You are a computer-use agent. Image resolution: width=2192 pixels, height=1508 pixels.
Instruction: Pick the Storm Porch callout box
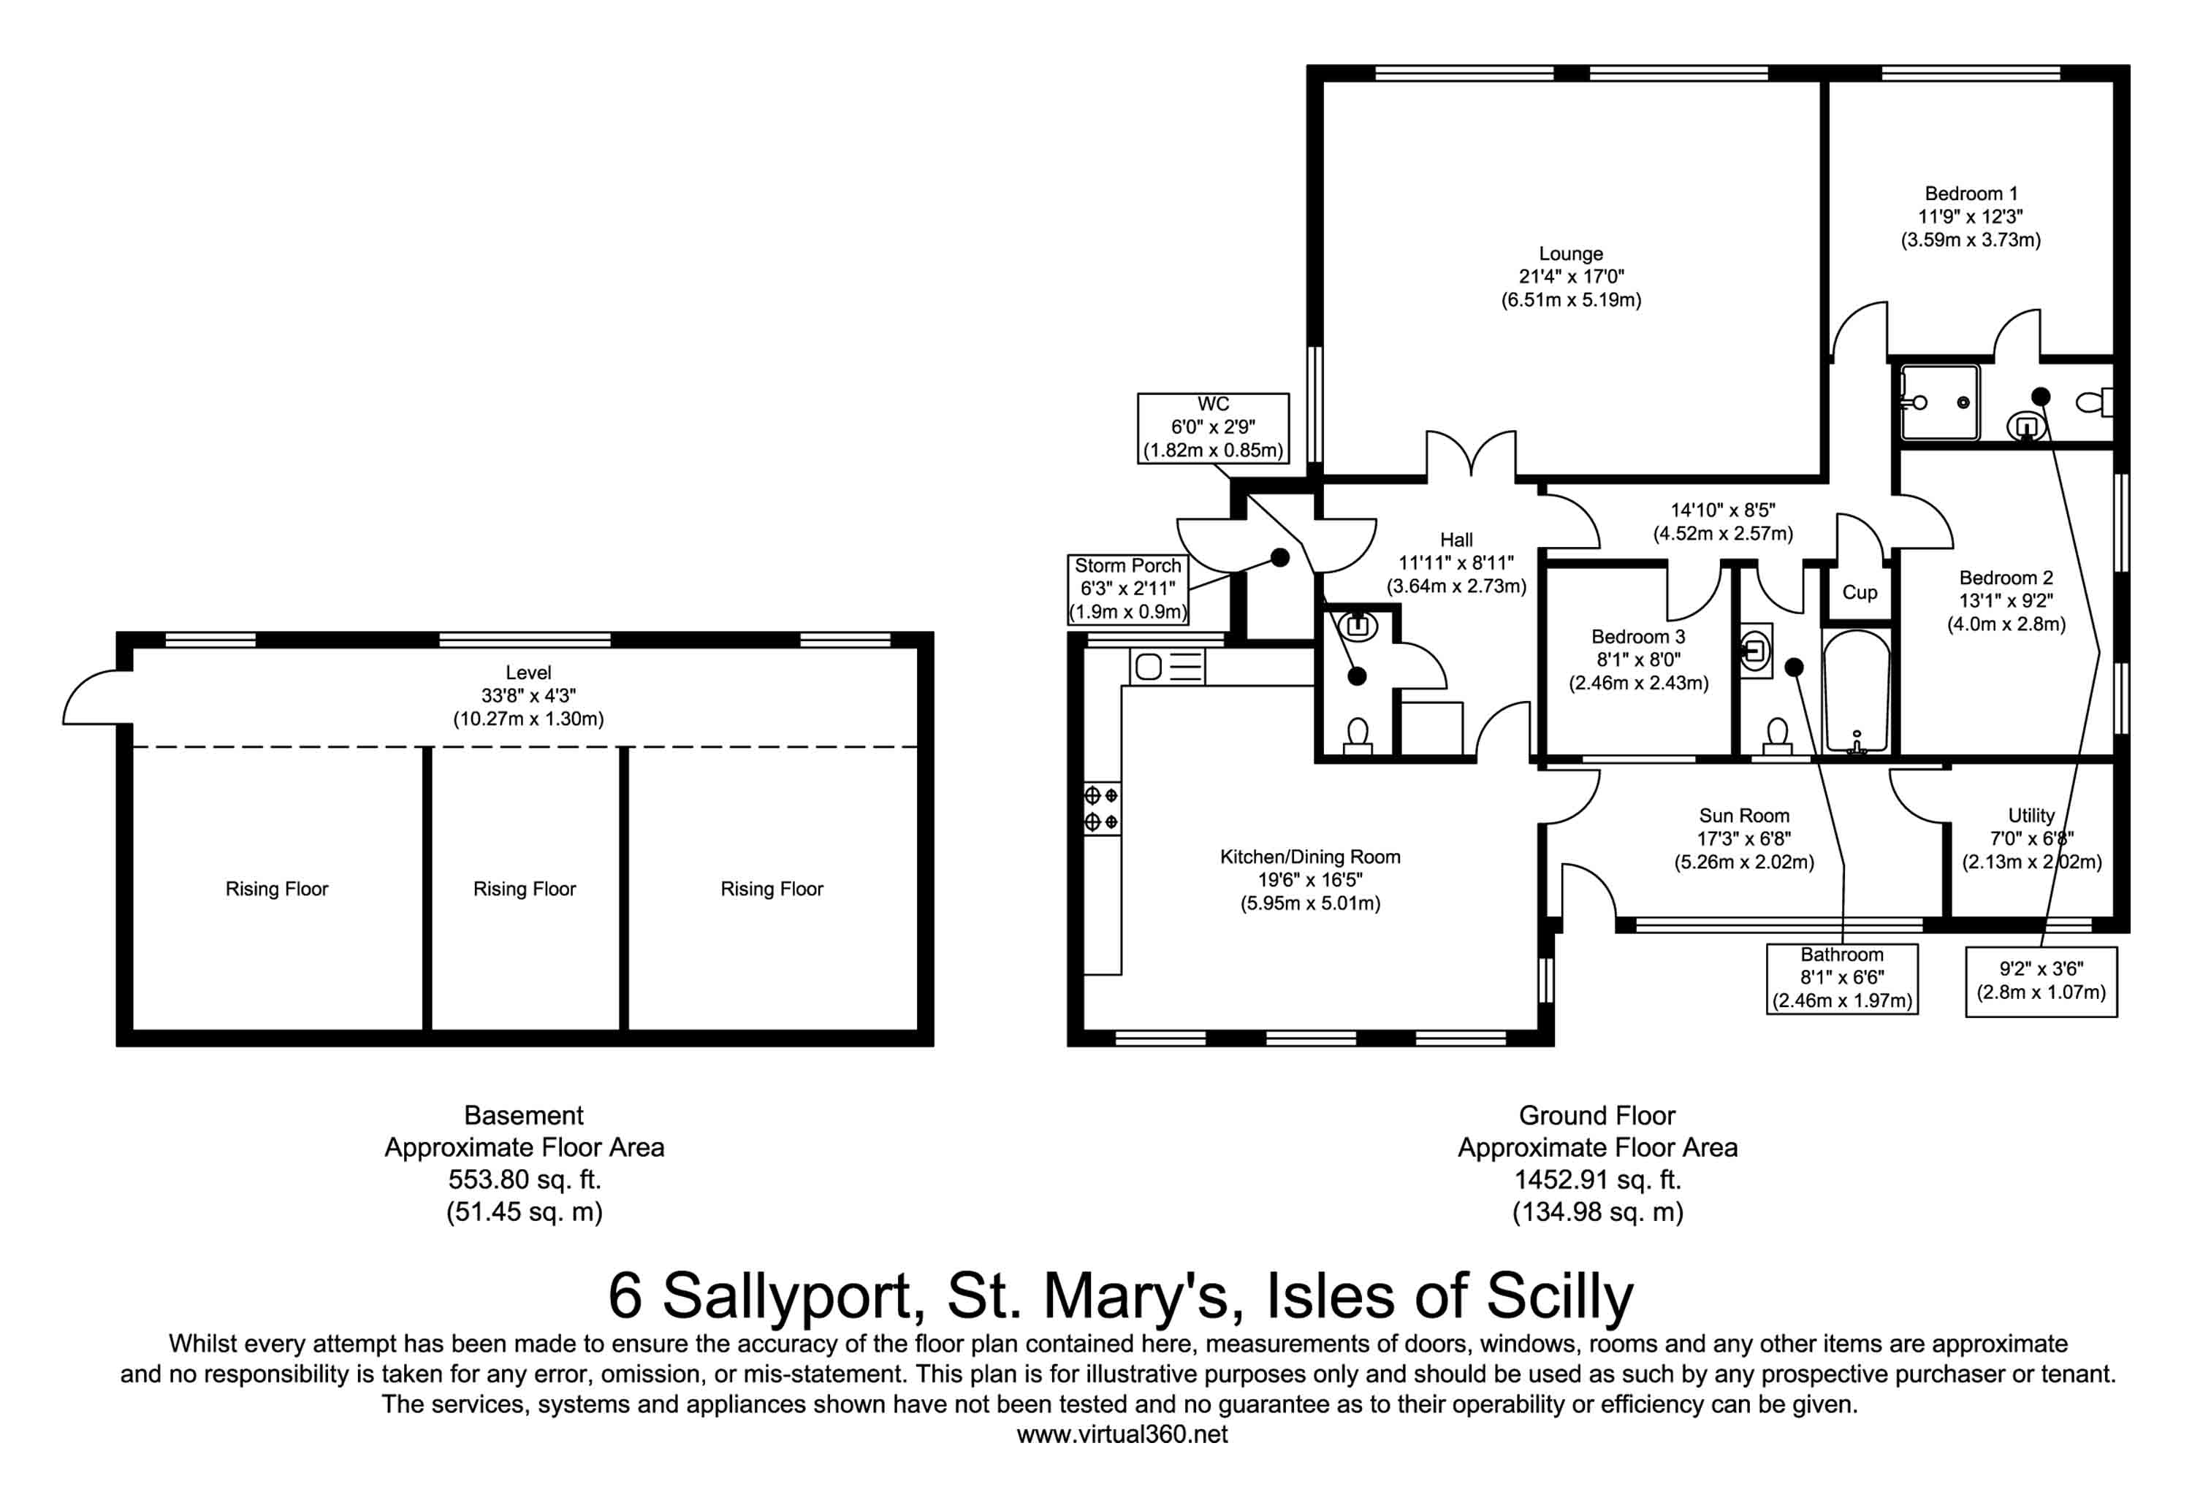point(1127,589)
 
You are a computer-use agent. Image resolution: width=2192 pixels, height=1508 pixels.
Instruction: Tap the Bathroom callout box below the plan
point(1841,978)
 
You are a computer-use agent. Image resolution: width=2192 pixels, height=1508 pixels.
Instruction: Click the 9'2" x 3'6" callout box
point(2040,981)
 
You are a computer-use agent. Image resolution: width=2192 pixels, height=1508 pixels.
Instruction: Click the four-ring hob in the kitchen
point(1101,808)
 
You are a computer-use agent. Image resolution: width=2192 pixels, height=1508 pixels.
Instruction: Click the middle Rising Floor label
point(524,889)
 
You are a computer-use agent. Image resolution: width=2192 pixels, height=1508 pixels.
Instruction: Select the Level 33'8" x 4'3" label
point(528,695)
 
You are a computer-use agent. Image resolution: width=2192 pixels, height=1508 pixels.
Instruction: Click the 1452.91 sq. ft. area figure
point(1597,1179)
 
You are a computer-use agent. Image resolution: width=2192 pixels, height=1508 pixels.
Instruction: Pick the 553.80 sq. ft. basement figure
point(524,1179)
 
